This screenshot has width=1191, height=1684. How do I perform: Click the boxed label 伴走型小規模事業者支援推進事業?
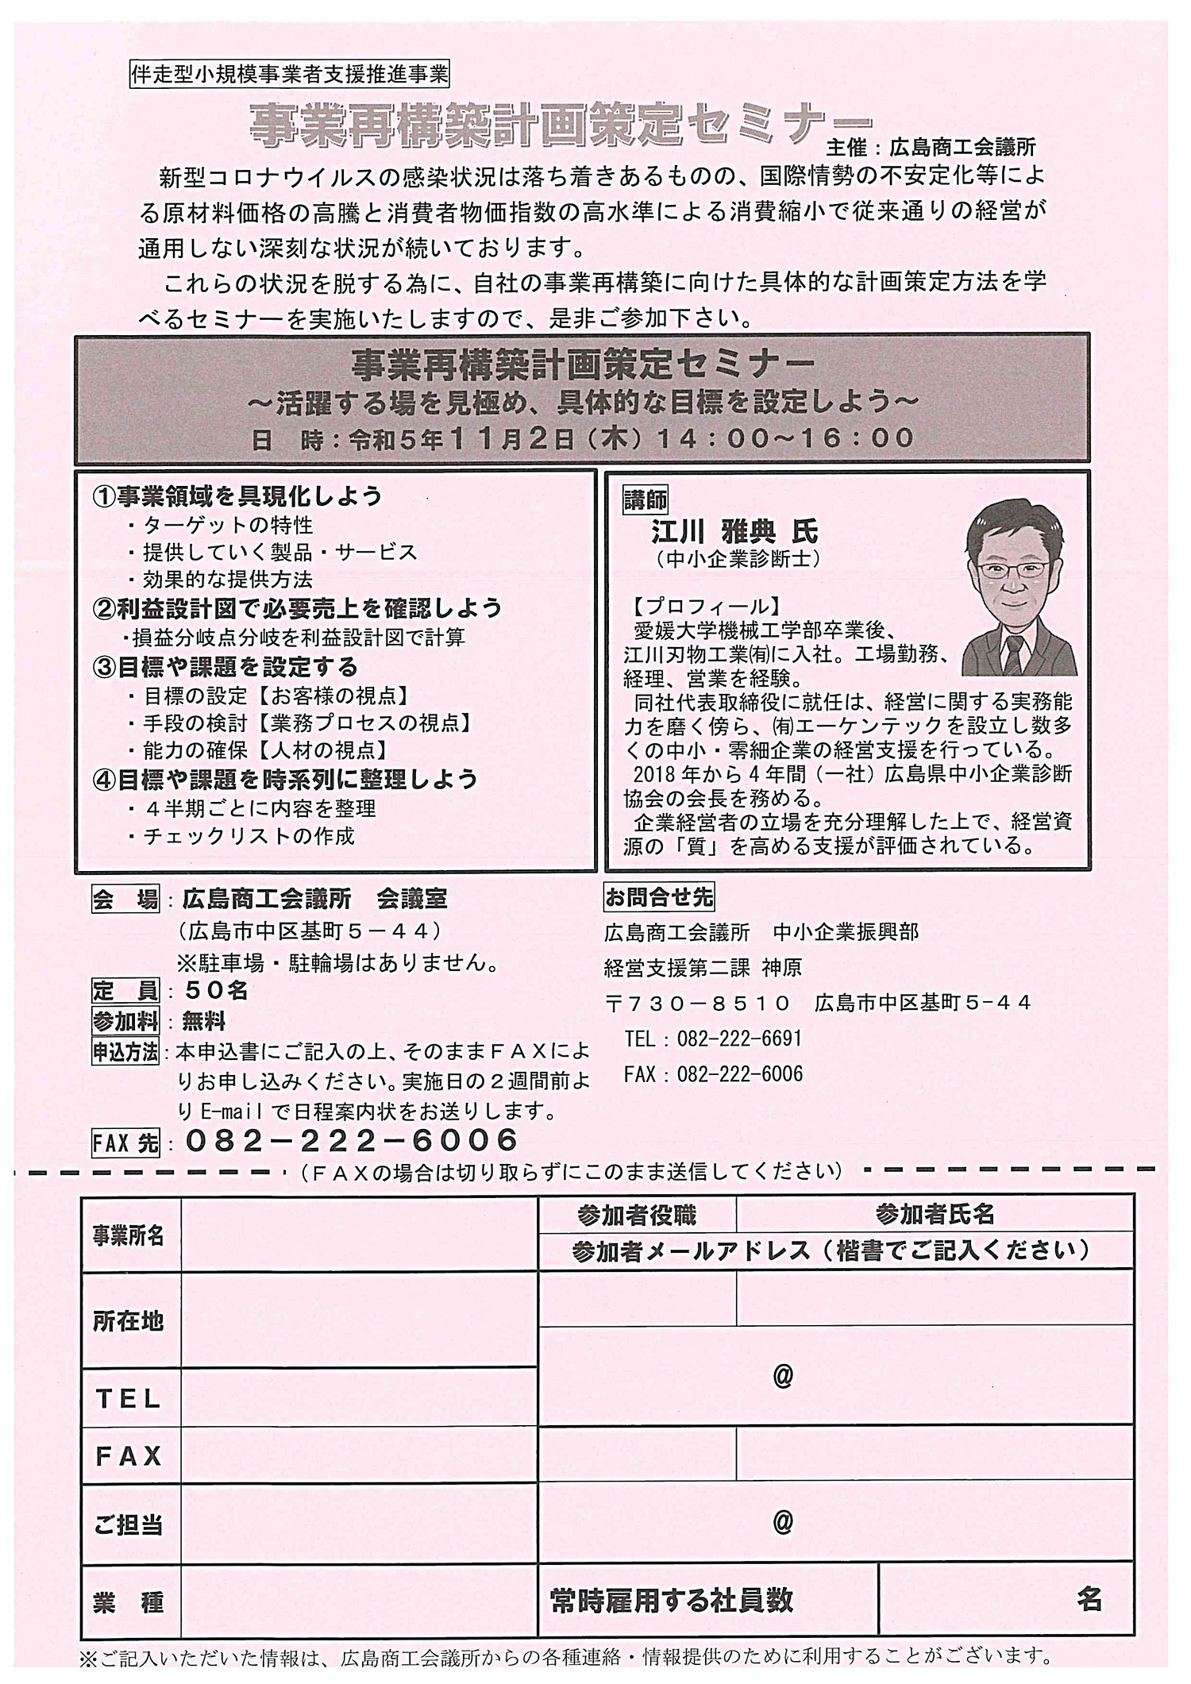(288, 75)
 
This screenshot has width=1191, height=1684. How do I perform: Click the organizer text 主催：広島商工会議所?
(931, 147)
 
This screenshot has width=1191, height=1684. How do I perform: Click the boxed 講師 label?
(646, 499)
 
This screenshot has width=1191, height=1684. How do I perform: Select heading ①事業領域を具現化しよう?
(237, 496)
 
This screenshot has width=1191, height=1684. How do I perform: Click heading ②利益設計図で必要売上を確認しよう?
(298, 608)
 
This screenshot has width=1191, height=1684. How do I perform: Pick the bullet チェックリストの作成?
(249, 836)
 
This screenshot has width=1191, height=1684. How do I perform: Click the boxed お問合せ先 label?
(658, 897)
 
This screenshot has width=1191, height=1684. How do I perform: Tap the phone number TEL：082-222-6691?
(713, 1039)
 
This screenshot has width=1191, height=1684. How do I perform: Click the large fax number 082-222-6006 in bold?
(352, 1141)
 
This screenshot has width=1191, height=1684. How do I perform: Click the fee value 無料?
(203, 1021)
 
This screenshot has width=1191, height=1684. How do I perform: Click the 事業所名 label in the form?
(129, 1235)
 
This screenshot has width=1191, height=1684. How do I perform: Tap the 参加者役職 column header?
(637, 1215)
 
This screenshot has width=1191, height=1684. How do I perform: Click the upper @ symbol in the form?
(783, 1376)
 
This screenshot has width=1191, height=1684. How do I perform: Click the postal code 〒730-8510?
(698, 1004)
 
